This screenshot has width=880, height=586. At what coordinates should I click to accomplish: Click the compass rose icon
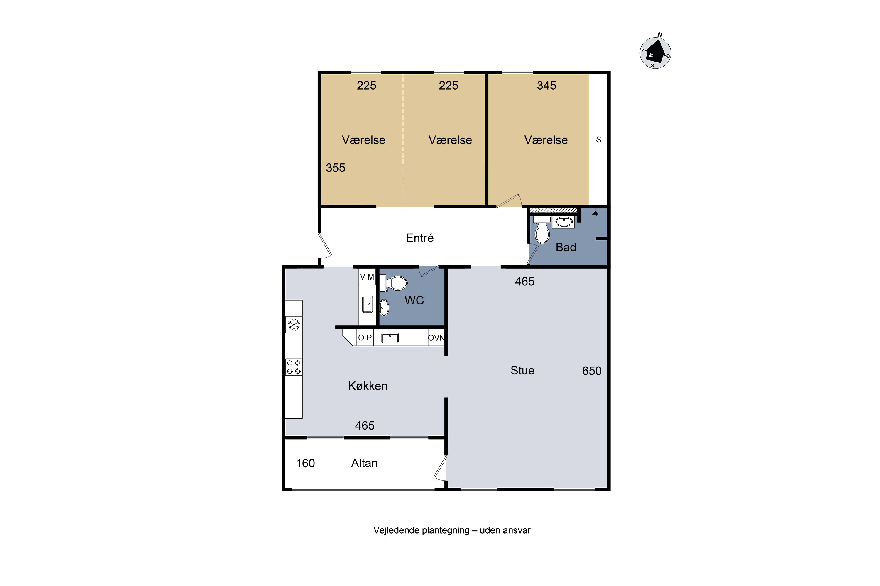pos(655,53)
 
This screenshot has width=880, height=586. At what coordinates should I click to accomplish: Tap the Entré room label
pos(419,238)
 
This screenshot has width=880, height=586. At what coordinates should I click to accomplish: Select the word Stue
pos(522,370)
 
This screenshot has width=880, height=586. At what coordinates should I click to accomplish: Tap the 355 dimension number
pos(335,168)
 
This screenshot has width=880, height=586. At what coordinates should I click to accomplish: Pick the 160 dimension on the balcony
pos(305,464)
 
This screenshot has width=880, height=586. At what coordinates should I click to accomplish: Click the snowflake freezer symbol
pos(294,325)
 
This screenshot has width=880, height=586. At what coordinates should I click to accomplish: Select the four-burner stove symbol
pos(294,367)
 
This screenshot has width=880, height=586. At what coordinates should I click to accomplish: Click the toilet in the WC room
pos(393,283)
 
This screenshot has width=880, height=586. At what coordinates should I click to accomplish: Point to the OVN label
pos(436,338)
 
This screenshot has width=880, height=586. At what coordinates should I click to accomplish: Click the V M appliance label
pos(367,277)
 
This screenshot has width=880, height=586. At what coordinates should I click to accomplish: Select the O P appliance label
pos(365,338)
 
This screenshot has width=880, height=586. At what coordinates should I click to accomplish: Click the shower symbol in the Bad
pos(595,213)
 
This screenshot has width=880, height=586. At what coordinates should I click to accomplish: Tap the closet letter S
pos(598,140)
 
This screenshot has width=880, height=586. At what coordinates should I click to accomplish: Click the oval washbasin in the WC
pos(384,308)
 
